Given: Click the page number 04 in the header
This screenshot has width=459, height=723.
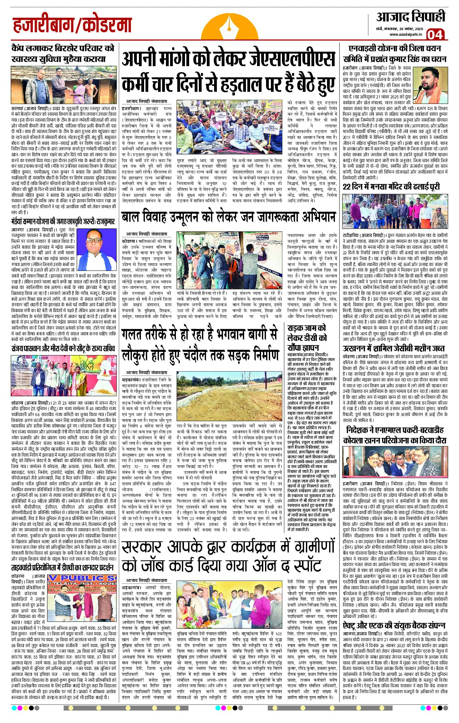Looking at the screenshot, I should [435, 34].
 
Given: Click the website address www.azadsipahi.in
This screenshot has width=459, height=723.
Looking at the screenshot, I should [405, 34].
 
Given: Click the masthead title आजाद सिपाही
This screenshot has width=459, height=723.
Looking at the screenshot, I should [411, 16].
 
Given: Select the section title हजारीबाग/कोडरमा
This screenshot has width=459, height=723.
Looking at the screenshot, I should [72, 25].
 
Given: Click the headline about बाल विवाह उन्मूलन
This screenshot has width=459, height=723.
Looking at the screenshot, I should [229, 217].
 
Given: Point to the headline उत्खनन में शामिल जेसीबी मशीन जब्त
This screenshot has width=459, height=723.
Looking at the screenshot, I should [394, 348].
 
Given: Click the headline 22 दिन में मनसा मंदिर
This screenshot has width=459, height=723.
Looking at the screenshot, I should [391, 187].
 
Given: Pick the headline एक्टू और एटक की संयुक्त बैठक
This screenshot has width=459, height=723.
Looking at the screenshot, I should [394, 625].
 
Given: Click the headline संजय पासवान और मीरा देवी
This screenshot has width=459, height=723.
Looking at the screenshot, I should [63, 348].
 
